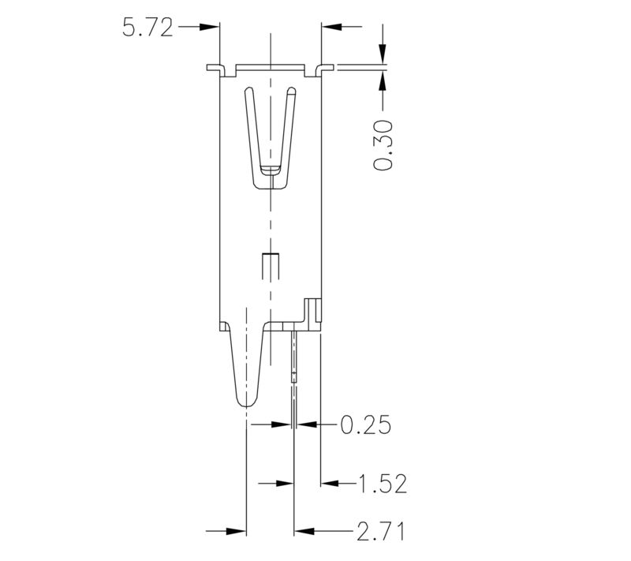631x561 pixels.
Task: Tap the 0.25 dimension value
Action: pos(366,425)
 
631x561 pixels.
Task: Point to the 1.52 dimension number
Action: pos(383,484)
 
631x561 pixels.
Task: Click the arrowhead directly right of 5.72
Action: pos(208,28)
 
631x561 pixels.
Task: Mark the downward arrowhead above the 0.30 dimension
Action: pos(383,54)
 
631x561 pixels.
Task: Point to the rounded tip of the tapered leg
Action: pos(247,402)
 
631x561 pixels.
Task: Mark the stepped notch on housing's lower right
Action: pos(312,309)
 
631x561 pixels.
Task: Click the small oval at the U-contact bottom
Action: pos(270,169)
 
